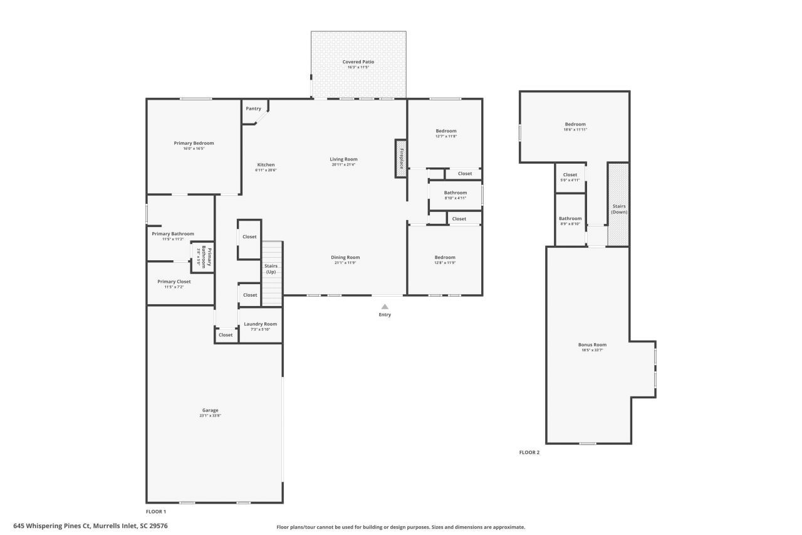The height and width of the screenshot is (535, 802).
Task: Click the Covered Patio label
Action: (358, 62)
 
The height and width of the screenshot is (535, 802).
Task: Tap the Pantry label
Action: (253, 109)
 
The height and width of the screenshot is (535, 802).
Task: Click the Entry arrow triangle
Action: (385, 306)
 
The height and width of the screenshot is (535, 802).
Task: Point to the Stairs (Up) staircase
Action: (272, 273)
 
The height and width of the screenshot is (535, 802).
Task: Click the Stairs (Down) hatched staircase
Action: (618, 204)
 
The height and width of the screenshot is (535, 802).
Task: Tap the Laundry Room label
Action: (260, 324)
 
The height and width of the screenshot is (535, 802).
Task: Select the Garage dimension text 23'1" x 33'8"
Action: (210, 416)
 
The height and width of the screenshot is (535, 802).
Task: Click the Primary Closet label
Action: (174, 282)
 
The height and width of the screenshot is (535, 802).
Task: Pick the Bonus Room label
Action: (592, 344)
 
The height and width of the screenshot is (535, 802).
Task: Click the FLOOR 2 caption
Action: (529, 452)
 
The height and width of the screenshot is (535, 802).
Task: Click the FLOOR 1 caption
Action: (156, 512)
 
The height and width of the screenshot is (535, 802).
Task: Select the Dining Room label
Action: (345, 257)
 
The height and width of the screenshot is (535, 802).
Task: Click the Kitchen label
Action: (266, 165)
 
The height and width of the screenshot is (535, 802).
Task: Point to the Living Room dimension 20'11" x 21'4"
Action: (343, 165)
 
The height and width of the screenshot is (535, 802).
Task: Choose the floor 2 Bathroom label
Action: (570, 218)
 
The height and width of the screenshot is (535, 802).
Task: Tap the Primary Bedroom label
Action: (194, 143)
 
